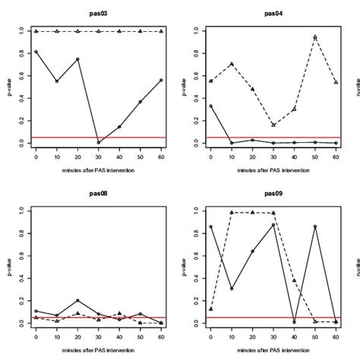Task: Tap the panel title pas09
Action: [x=273, y=194]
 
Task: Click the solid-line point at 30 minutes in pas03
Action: [x=99, y=142]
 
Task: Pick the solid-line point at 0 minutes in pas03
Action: [x=36, y=52]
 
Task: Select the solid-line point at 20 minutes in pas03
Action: [x=77, y=59]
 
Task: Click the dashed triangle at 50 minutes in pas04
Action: [x=314, y=37]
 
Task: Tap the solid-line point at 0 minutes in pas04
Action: [x=210, y=106]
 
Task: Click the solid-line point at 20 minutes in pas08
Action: [x=77, y=301]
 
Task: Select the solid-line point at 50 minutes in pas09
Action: [x=314, y=226]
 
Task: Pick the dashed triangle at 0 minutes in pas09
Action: [x=210, y=309]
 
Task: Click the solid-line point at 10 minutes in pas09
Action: [x=231, y=289]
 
